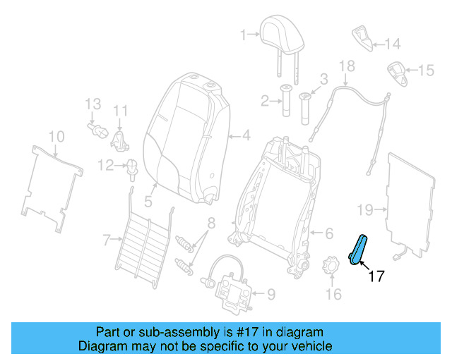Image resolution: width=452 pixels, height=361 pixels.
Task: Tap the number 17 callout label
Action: [x=376, y=276]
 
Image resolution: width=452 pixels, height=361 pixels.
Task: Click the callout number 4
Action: [x=246, y=135]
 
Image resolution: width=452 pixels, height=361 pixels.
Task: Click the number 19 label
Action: [x=364, y=209]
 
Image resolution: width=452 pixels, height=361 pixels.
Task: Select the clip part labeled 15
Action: [x=397, y=73]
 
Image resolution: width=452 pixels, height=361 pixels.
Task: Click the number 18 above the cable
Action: [x=346, y=67]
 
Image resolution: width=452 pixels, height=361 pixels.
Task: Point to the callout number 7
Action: [x=106, y=240]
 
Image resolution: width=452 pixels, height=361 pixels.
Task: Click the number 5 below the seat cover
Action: [x=148, y=202]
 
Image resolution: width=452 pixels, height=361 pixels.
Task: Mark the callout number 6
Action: [x=328, y=233]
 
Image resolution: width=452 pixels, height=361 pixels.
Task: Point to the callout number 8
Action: [x=210, y=224]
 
